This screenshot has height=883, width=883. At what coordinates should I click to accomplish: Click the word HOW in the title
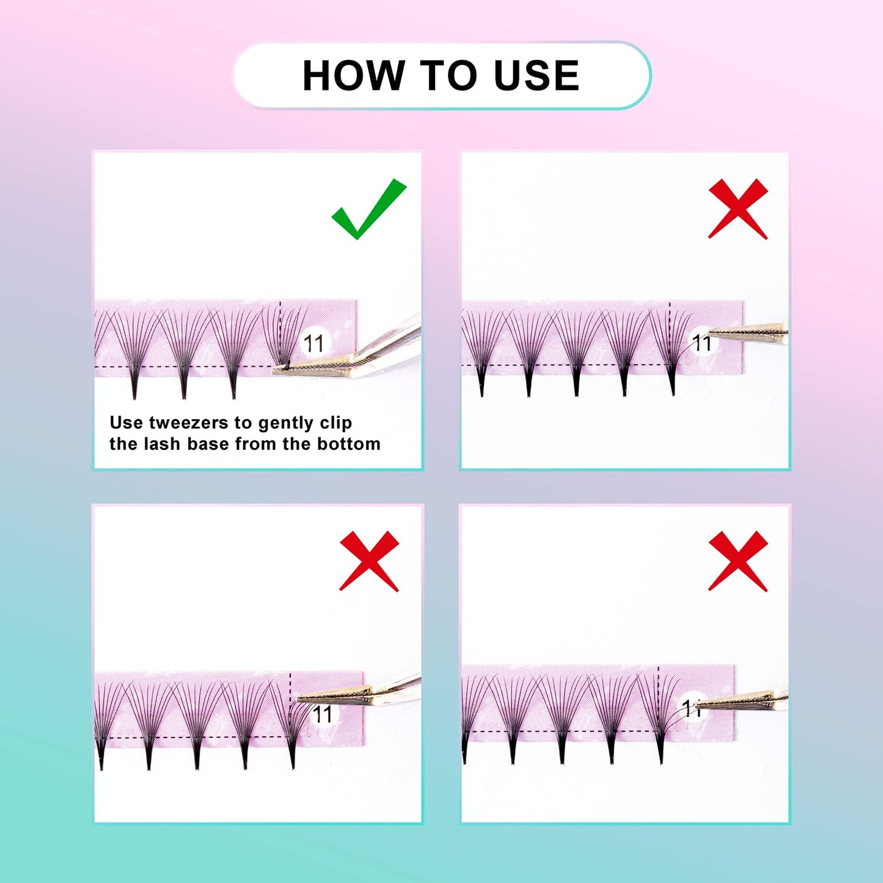[x=354, y=76]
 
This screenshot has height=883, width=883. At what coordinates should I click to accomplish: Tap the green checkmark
[x=368, y=209]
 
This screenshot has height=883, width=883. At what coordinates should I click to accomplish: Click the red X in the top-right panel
[x=738, y=209]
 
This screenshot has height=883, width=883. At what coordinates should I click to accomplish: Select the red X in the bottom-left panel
[x=369, y=561]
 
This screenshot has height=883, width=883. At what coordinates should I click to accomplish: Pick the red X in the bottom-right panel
[x=738, y=561]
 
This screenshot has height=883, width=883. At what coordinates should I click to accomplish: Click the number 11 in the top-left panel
[x=314, y=343]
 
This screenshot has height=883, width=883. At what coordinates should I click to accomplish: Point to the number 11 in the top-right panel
[x=702, y=343]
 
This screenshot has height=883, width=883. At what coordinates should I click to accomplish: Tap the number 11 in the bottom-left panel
[x=322, y=714]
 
